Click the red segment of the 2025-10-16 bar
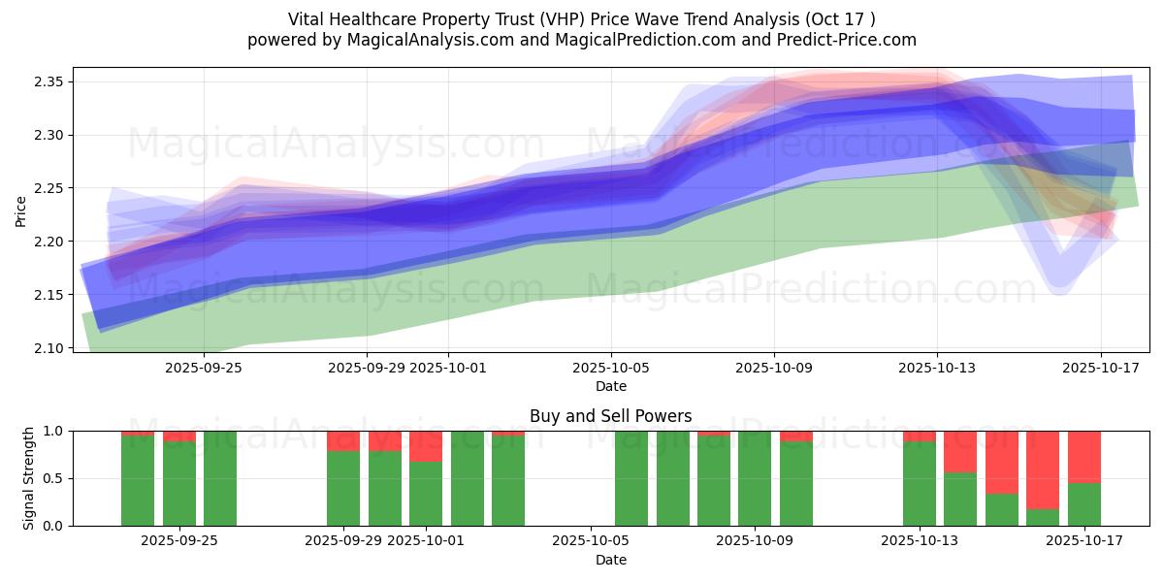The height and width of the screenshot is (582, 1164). pos(1043,469)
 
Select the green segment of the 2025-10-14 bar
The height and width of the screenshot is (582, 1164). pos(960,500)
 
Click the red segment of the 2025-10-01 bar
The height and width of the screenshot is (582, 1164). pos(426,446)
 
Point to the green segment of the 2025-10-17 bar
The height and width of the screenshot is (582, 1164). pos(1084,504)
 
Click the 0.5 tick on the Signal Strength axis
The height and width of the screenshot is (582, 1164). pos(55,478)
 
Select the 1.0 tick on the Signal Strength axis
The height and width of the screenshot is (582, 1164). pos(55,431)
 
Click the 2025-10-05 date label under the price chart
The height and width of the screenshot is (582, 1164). pos(611,368)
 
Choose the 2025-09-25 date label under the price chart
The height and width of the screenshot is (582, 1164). pos(203,368)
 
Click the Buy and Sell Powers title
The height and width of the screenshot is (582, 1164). pos(611,416)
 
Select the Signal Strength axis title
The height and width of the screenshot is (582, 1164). pos(29,478)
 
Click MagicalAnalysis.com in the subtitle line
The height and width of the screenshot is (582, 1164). pos(428,40)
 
